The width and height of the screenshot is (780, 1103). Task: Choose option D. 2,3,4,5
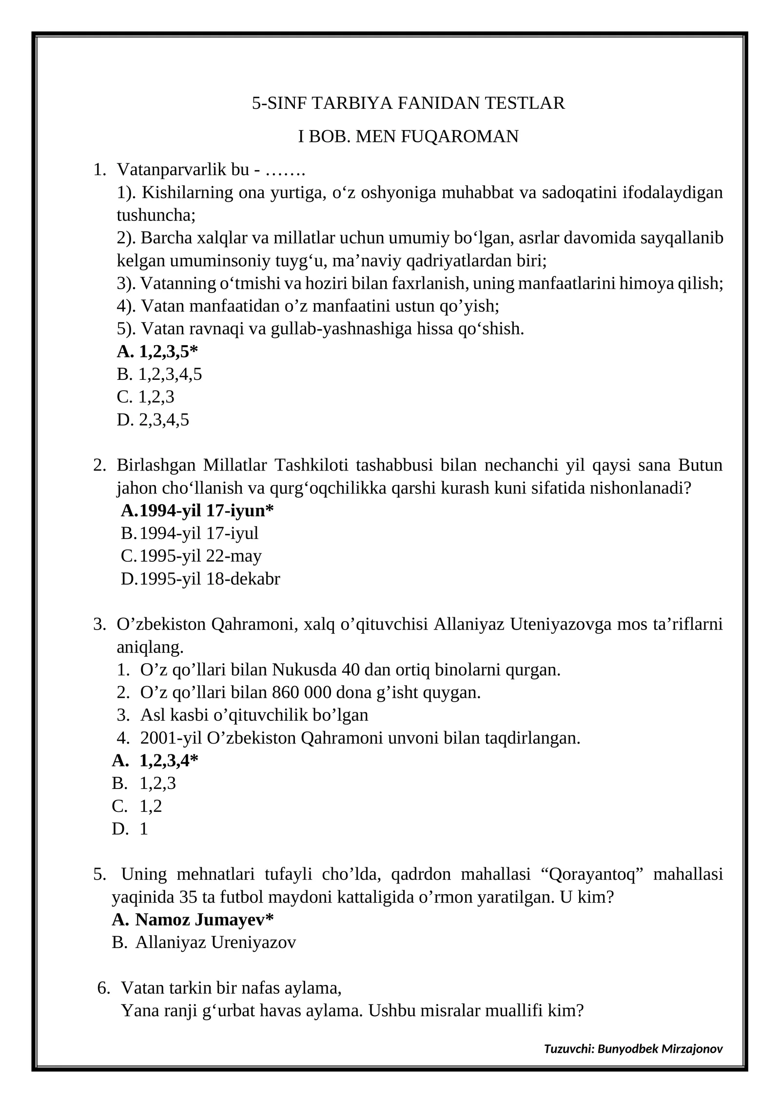(153, 420)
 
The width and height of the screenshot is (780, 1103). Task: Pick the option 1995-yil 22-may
(200, 556)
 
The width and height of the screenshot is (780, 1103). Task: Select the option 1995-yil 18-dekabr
(210, 579)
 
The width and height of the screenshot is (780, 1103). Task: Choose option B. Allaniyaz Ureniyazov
(215, 943)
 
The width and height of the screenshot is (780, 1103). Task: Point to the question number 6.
(103, 988)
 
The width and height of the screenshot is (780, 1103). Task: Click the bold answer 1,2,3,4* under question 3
(169, 761)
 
